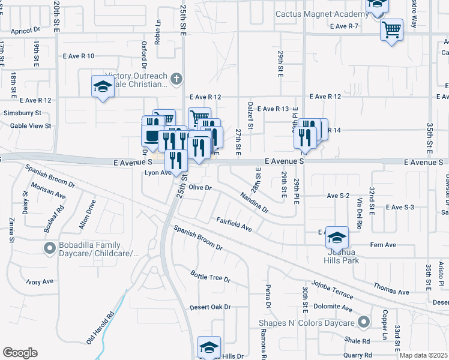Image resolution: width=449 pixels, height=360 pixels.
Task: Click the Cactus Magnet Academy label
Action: (x=322, y=14)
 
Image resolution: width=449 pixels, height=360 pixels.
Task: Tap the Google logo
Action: (x=20, y=353)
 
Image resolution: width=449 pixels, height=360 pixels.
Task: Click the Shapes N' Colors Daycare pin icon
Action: (x=363, y=323)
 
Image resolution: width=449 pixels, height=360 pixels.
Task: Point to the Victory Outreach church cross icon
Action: (x=176, y=78)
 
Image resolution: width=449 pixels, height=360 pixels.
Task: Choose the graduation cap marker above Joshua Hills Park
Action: (x=337, y=239)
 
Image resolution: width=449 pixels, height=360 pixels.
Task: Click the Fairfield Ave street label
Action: (x=234, y=224)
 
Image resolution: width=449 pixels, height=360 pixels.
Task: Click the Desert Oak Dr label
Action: (x=210, y=307)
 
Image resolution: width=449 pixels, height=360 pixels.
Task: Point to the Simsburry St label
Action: (x=22, y=113)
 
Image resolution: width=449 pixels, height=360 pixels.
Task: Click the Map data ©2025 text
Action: (x=423, y=355)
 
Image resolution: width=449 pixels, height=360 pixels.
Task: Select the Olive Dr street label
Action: (x=201, y=188)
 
